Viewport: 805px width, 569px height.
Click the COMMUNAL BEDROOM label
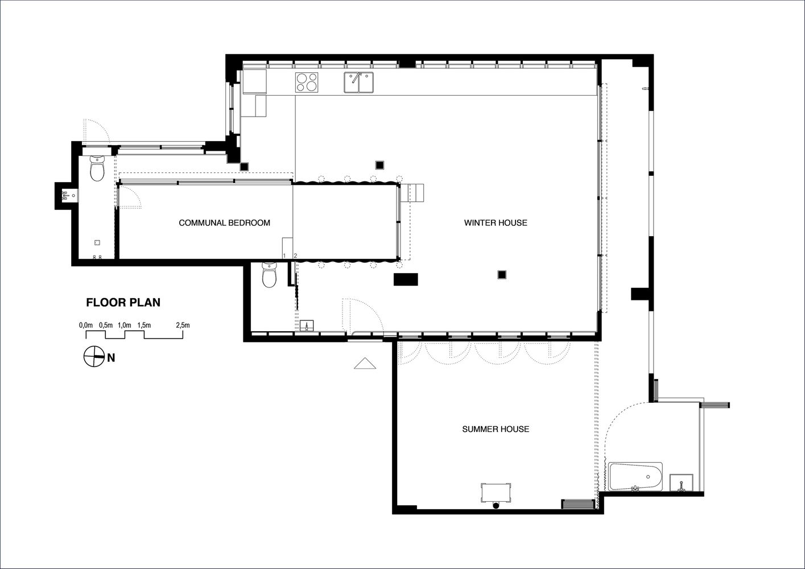tap(224, 223)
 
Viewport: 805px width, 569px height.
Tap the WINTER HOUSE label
tap(496, 223)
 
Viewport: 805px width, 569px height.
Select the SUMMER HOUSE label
tap(496, 429)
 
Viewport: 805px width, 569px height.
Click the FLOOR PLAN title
tap(123, 303)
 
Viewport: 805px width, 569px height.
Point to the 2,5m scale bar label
tap(183, 325)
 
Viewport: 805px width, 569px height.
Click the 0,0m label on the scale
tap(86, 325)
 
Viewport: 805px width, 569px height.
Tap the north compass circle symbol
tap(94, 357)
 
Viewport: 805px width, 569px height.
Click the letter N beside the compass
tap(112, 358)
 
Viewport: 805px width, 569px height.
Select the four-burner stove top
tap(307, 83)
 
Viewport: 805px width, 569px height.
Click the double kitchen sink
tap(358, 83)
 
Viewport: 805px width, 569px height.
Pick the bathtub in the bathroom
tap(635, 477)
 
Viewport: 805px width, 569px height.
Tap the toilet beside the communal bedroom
tap(97, 168)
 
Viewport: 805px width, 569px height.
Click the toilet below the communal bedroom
tap(270, 275)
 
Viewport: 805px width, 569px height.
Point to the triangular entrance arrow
tap(365, 364)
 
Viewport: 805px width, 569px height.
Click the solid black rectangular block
tap(406, 279)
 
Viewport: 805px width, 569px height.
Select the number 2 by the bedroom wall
tap(295, 256)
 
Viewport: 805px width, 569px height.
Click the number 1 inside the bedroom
tap(284, 256)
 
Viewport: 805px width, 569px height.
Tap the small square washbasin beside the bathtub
tap(682, 483)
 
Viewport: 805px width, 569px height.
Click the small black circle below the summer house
tap(496, 506)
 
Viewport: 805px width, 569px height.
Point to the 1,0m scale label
tap(125, 325)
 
